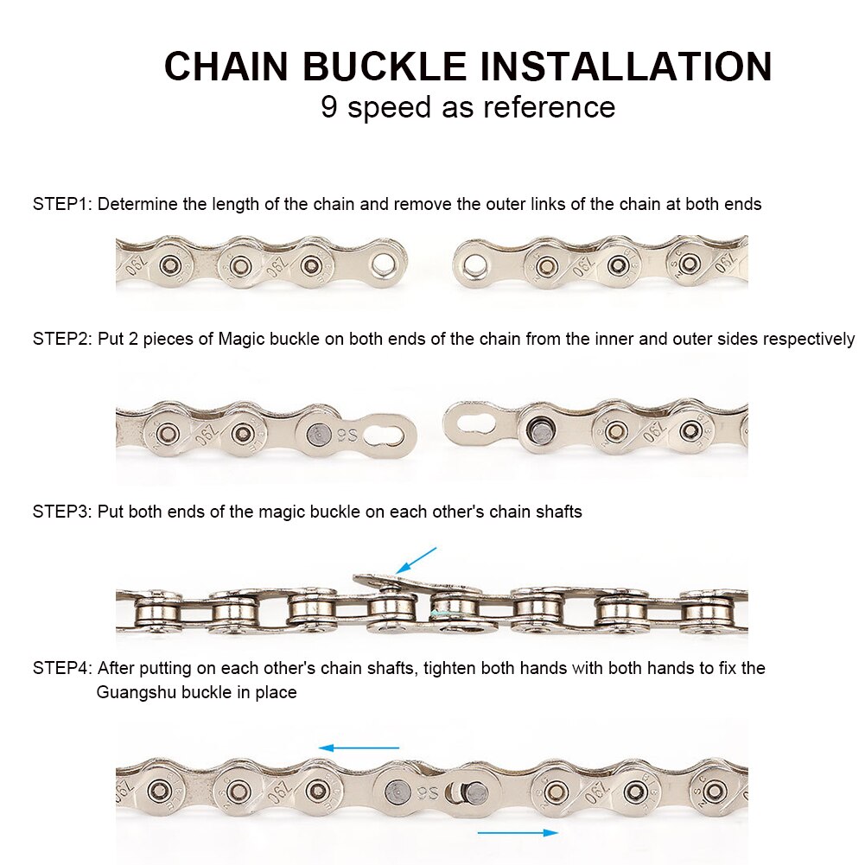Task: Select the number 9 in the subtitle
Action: (329, 107)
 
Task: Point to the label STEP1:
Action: (62, 205)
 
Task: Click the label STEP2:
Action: (62, 339)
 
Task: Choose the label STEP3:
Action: (62, 512)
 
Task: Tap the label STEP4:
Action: (62, 668)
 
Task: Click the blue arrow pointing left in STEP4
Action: (359, 747)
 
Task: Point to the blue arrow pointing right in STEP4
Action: (517, 832)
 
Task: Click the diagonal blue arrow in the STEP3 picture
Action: (416, 560)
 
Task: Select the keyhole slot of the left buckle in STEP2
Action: (386, 431)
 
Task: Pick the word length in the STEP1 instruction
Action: (230, 205)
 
